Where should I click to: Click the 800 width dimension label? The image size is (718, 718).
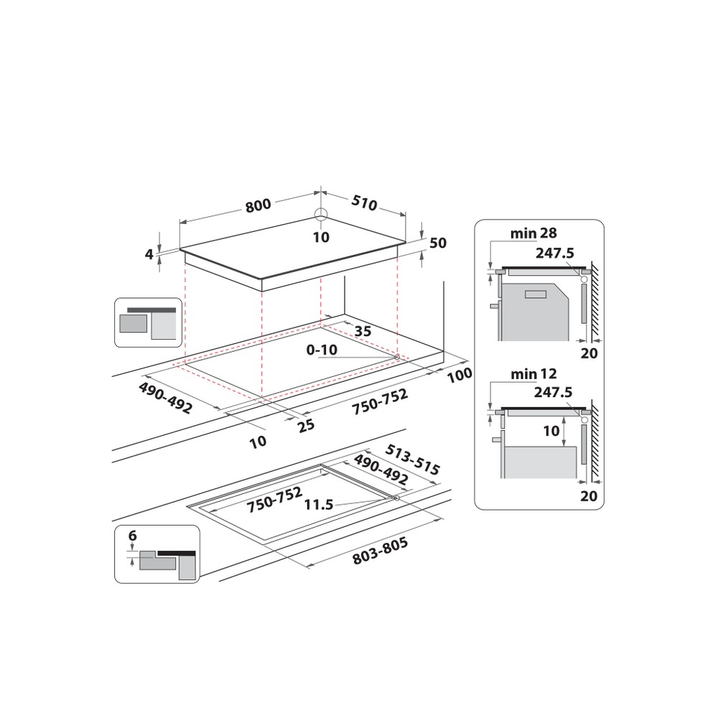258,205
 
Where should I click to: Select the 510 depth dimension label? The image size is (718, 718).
365,204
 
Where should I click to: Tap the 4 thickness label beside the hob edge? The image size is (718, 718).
149,253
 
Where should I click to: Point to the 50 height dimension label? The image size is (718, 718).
438,243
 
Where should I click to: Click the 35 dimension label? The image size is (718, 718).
363,331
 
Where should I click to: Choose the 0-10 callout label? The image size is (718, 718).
321,350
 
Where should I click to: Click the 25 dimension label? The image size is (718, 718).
306,425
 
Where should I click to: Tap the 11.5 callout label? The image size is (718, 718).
319,505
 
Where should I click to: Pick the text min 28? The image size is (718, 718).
533,233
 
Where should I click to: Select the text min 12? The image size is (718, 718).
533,374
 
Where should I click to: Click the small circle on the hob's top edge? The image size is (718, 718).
320,214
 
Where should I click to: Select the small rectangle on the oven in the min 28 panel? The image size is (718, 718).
536,294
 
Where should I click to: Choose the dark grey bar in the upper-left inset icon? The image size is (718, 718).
151,310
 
